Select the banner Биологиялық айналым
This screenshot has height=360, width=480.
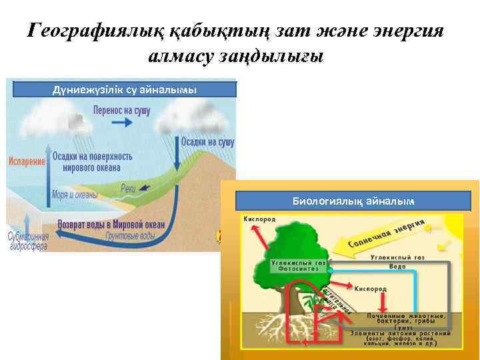[353, 200]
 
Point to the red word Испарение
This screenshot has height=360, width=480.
[27, 161]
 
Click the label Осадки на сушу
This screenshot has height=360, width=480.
[207, 141]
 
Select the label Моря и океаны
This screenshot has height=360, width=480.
[75, 195]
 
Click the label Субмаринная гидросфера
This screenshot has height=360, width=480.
[27, 240]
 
